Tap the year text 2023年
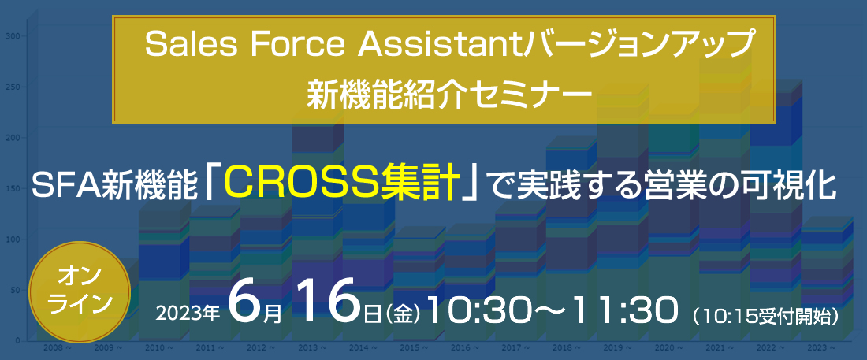188,314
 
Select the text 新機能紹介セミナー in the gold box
446,88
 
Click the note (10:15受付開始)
767,316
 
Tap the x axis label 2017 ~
516,348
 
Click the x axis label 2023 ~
821,348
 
